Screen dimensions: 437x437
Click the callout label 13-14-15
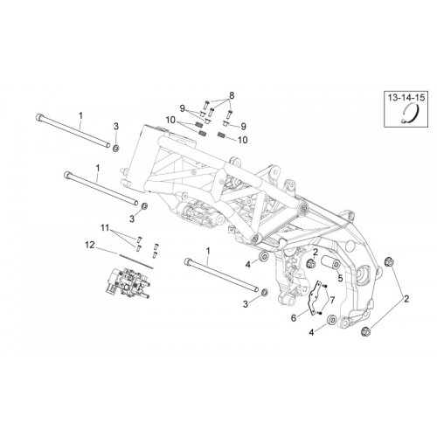406,97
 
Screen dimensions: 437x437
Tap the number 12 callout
90,245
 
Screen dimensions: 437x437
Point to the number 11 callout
105,227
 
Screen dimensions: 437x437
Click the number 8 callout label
232,95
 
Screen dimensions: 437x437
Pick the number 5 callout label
340,278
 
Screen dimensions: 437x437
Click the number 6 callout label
294,318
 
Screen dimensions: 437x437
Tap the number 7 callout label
332,299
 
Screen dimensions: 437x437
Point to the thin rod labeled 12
135,261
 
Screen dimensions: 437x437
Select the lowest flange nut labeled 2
365,331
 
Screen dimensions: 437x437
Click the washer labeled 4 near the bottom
331,320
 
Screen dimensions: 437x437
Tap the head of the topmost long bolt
38,117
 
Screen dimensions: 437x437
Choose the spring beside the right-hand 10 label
222,135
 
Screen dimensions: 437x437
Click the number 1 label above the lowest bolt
208,251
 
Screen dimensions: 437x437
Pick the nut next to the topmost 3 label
115,149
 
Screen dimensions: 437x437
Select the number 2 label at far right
406,299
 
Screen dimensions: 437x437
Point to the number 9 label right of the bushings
243,126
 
